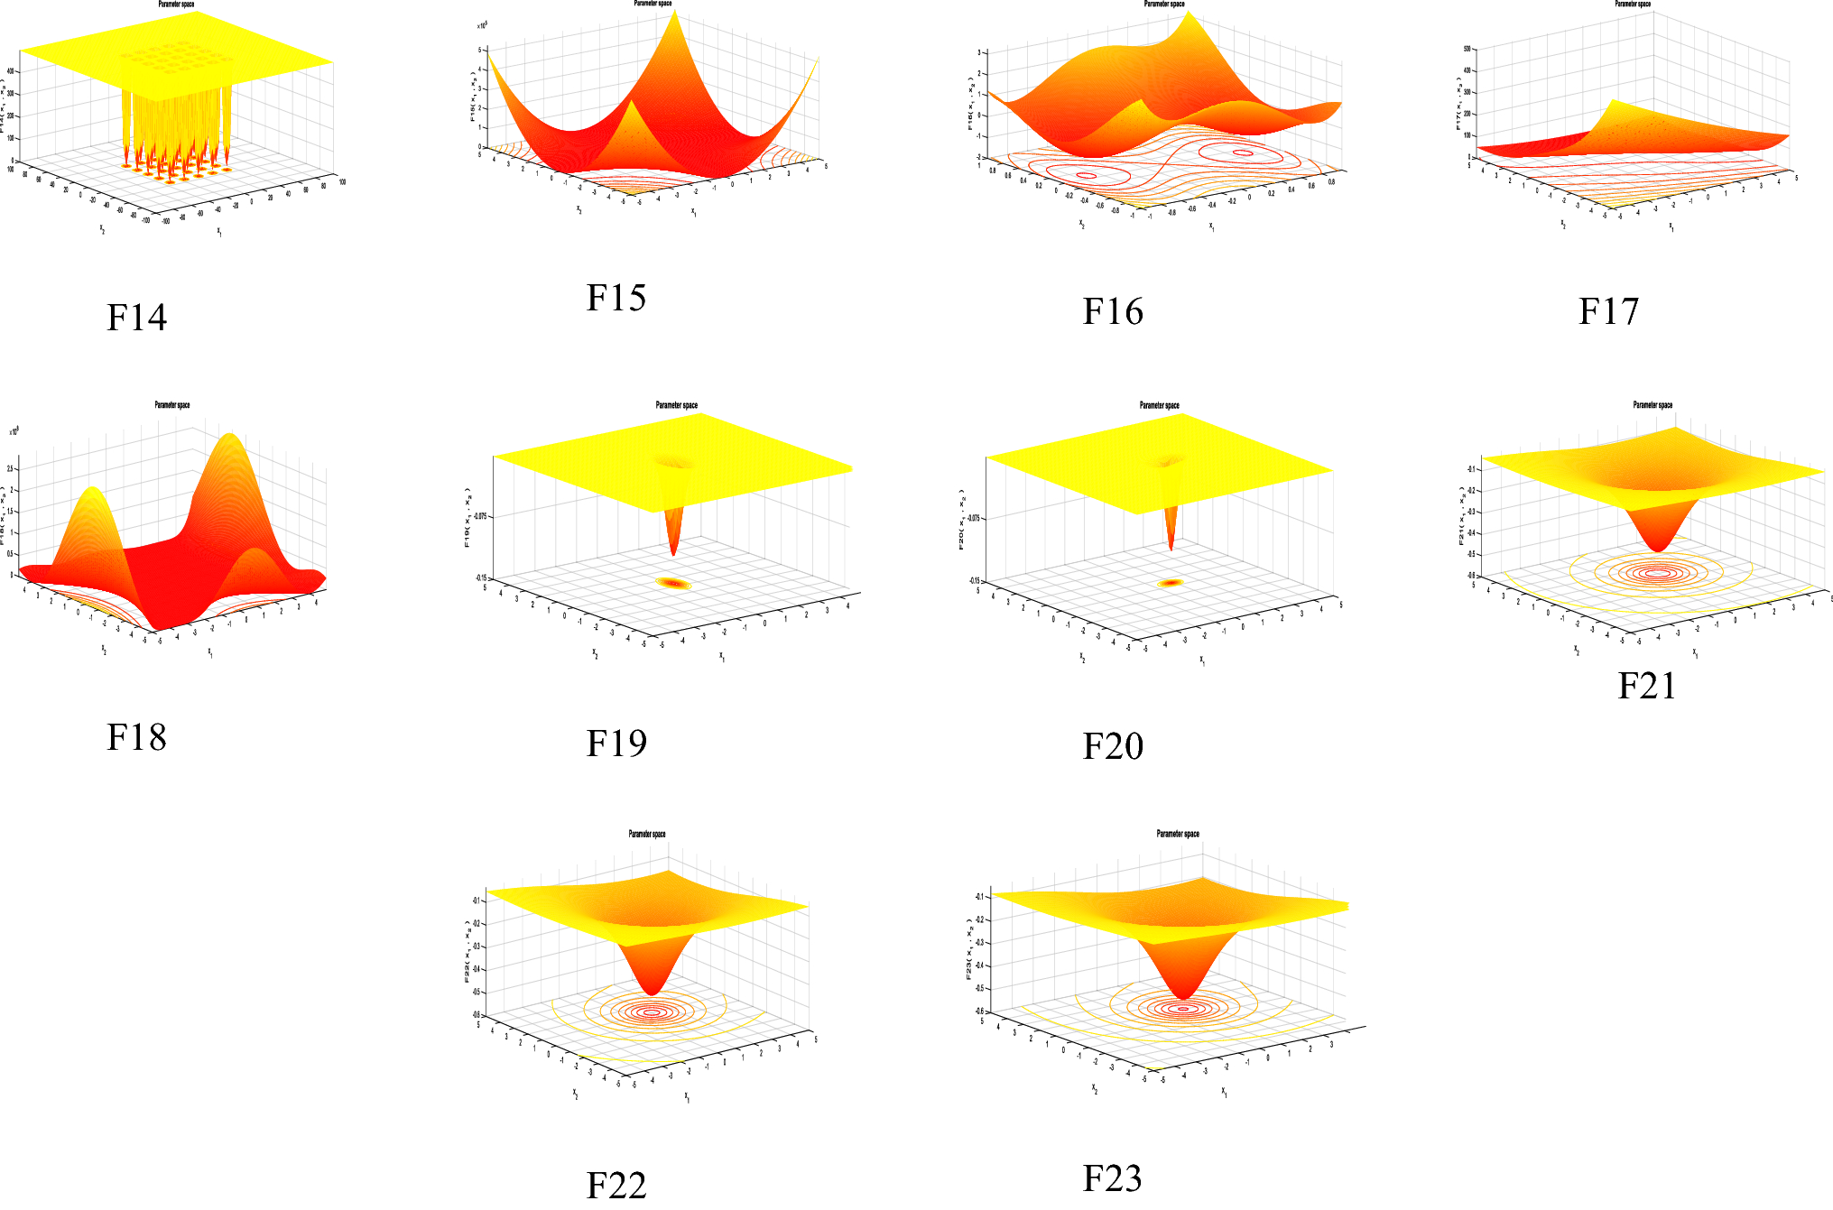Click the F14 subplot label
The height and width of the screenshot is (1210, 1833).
136,318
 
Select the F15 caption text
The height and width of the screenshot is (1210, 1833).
616,298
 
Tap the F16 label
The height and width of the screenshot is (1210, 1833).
1113,311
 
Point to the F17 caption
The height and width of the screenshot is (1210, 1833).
1608,311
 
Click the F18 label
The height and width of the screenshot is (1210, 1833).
136,737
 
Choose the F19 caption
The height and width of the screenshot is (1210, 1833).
616,744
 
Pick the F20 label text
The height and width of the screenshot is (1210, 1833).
1113,746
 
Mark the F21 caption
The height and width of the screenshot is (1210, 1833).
1647,686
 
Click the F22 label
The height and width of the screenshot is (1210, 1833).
616,1185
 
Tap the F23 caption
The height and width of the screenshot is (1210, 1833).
1112,1178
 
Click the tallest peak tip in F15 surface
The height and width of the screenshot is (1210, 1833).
674,10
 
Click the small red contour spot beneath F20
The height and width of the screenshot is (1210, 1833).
1171,583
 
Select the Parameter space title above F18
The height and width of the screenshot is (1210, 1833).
172,405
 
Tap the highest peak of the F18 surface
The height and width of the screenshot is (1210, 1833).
231,435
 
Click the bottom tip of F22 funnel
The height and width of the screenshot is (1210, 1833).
652,993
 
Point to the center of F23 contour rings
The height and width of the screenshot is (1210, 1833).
1183,1009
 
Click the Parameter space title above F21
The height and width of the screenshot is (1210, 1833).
1652,405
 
